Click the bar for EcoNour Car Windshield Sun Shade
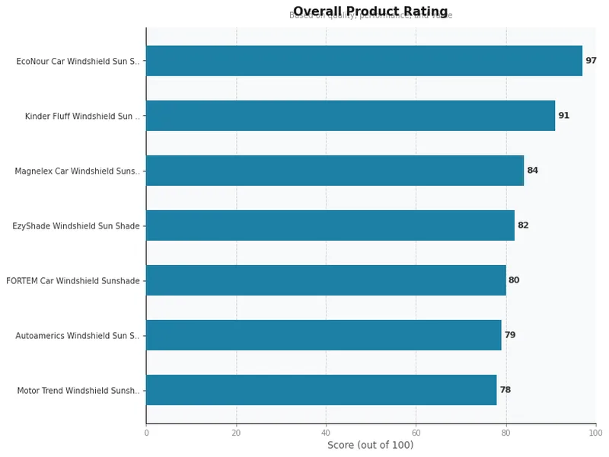364,61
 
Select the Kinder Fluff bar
350,116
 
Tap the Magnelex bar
335,171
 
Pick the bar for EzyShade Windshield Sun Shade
330,225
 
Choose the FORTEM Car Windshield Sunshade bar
326,280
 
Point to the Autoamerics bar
324,335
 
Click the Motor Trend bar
321,390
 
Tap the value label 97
591,61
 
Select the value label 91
563,116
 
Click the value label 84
532,171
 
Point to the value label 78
505,390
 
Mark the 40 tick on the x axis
326,433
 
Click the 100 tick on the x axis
595,433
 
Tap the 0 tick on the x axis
146,433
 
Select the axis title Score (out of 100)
370,446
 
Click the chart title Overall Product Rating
370,11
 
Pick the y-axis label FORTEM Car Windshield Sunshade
73,281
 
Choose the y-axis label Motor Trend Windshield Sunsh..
78,391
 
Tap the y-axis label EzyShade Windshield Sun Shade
76,226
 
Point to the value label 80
514,280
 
